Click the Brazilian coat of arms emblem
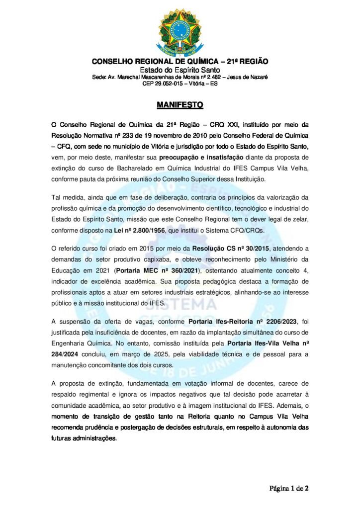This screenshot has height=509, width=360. (x=180, y=29)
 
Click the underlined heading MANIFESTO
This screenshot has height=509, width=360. (x=180, y=105)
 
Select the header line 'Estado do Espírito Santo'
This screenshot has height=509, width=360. (x=180, y=70)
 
